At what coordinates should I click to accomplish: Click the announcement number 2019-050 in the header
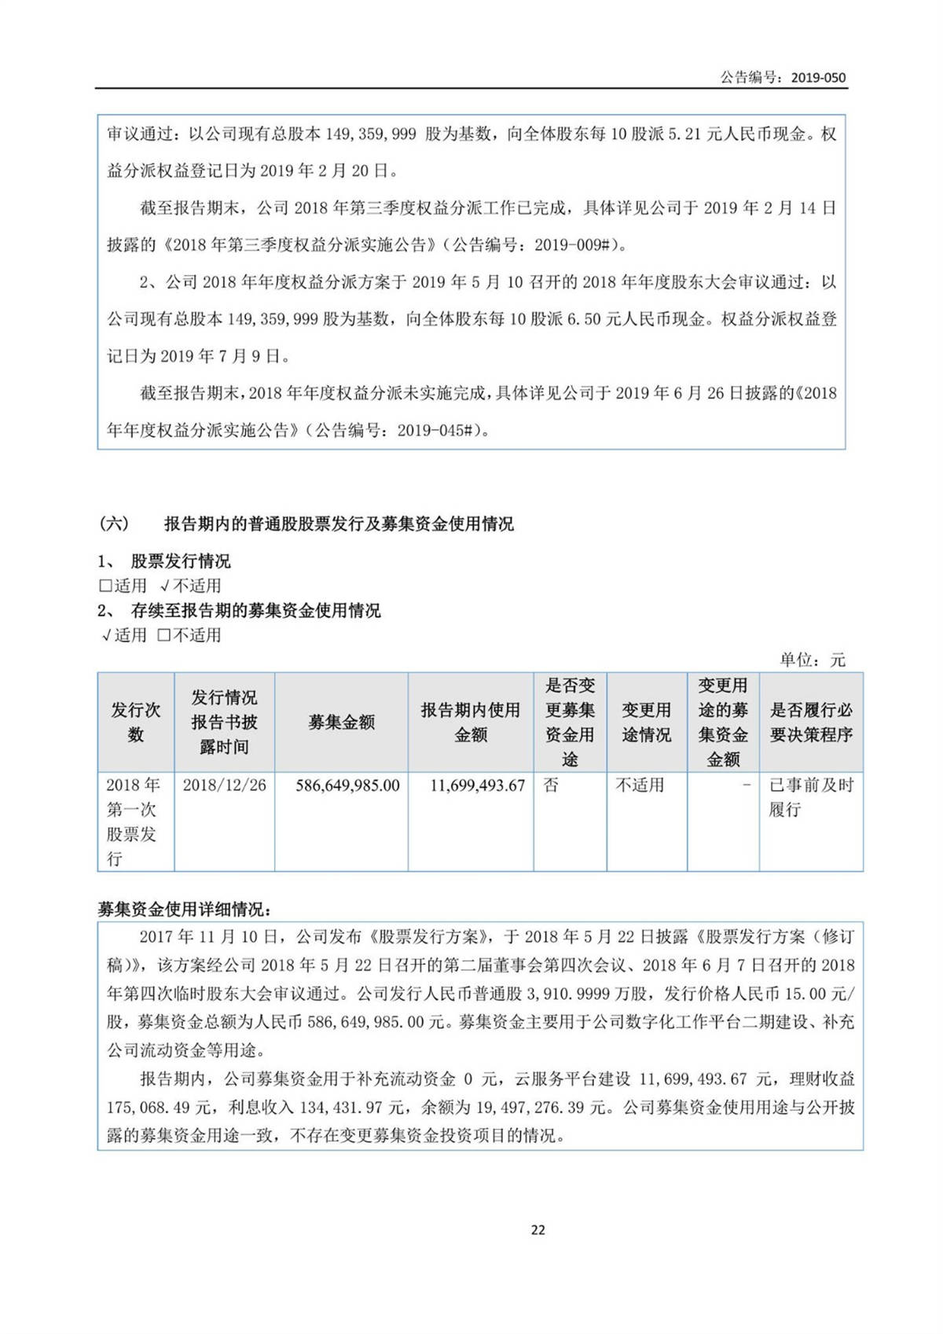[818, 78]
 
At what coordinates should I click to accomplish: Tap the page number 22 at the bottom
[538, 1230]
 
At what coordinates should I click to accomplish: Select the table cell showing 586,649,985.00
[347, 785]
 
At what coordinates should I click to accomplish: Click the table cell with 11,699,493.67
[477, 785]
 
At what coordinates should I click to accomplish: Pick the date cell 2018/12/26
[224, 785]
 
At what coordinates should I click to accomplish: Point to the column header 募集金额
[341, 722]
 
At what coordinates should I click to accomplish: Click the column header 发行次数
[135, 722]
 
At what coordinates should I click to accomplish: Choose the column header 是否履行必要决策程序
[810, 722]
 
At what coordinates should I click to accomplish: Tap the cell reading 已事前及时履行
[810, 797]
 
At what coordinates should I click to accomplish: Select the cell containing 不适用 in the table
[640, 785]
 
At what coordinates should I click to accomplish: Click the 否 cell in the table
[551, 785]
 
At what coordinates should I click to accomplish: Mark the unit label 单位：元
[812, 660]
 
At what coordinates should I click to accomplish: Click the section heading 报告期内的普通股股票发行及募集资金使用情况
[338, 524]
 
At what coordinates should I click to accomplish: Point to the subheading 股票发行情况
[180, 561]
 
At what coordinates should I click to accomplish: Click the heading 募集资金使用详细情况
[184, 910]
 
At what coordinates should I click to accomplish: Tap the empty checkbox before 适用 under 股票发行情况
[105, 586]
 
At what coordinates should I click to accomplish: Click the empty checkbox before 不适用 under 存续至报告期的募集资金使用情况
[163, 635]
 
